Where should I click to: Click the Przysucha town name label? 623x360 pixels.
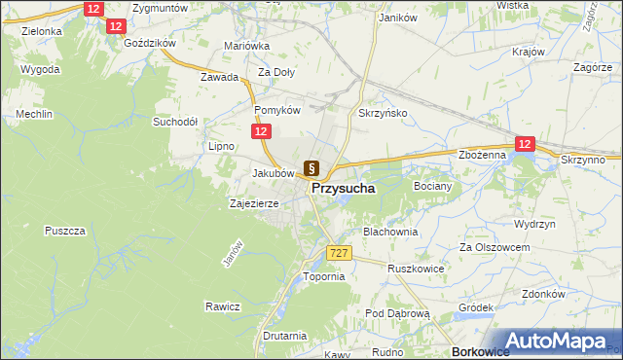[345, 190]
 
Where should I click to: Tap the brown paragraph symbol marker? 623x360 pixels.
[311, 167]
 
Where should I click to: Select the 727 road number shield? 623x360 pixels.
[338, 253]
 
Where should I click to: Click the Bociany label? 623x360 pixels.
[434, 185]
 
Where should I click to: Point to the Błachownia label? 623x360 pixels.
[390, 233]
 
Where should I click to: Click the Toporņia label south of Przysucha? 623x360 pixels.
[324, 276]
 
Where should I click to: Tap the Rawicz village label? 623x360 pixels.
[222, 306]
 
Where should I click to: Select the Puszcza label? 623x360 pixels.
[66, 231]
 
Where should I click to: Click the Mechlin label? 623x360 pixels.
[33, 115]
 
